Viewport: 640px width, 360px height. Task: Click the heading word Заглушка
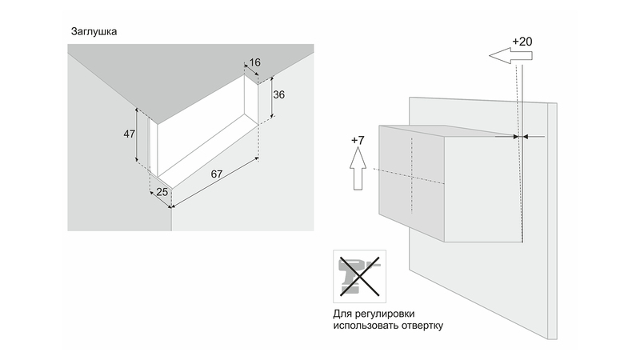[x=94, y=31]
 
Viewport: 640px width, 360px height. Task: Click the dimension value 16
[x=254, y=62]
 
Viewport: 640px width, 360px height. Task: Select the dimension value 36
[x=278, y=94]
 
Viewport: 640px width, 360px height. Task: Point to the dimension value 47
[x=130, y=134]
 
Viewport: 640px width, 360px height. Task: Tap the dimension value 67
[x=217, y=174]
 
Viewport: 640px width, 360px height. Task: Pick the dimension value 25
[x=162, y=192]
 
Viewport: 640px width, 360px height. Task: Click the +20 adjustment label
[x=522, y=42]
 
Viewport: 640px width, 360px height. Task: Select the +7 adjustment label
[x=358, y=141]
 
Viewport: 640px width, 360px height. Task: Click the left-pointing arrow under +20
[x=510, y=55]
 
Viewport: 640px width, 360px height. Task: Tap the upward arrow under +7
[x=358, y=169]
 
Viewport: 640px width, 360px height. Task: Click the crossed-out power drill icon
[x=359, y=276]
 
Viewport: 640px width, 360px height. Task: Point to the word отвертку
[x=422, y=326]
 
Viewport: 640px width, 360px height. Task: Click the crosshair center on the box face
[x=412, y=177]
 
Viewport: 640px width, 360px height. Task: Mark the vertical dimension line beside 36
[x=272, y=97]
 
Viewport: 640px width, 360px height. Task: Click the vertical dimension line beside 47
[x=136, y=136]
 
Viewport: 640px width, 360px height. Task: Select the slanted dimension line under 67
[x=215, y=182]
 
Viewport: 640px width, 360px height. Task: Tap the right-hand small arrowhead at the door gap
[x=526, y=137]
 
